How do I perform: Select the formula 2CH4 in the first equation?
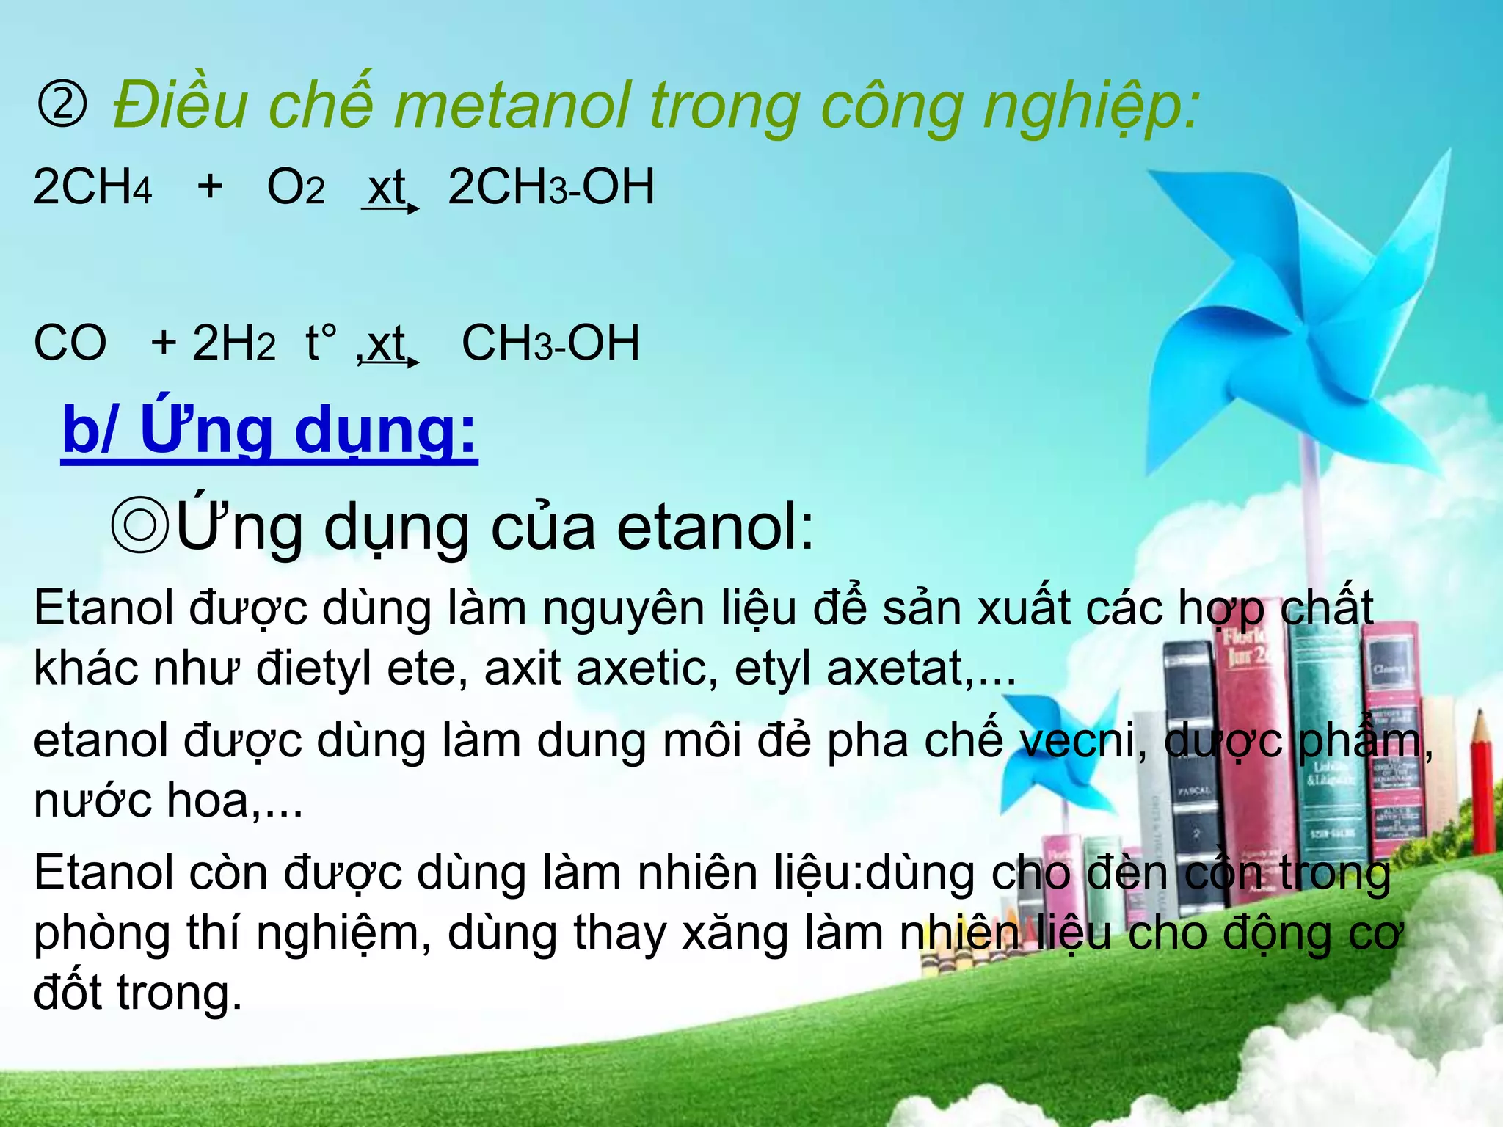[92, 186]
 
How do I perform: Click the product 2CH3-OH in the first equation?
[550, 187]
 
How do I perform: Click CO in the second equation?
[70, 343]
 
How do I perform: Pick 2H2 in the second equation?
[233, 343]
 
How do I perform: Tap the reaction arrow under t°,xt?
[389, 362]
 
